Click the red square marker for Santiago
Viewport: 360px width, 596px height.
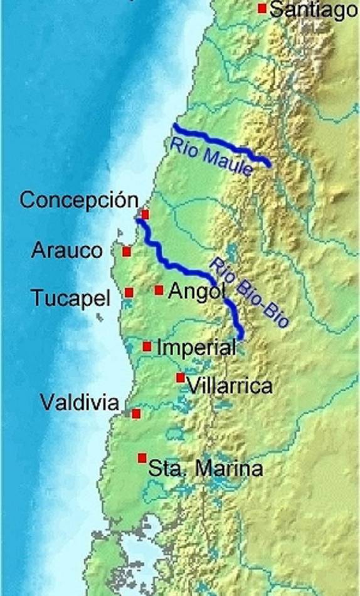[262, 8]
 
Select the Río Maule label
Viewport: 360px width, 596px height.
[211, 157]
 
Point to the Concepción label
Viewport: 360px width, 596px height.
[79, 201]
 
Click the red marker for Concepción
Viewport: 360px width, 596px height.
[145, 214]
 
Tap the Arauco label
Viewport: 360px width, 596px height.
[66, 251]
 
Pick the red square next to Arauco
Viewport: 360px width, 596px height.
[127, 252]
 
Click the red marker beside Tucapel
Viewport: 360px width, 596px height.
[129, 292]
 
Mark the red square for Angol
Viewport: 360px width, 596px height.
[159, 290]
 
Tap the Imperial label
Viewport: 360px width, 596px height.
[196, 347]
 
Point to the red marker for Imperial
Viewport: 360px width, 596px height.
[147, 347]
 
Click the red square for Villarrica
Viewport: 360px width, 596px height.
[181, 377]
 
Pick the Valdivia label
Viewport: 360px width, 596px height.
[80, 402]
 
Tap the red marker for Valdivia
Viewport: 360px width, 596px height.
[136, 414]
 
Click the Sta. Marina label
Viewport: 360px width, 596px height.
[204, 468]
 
